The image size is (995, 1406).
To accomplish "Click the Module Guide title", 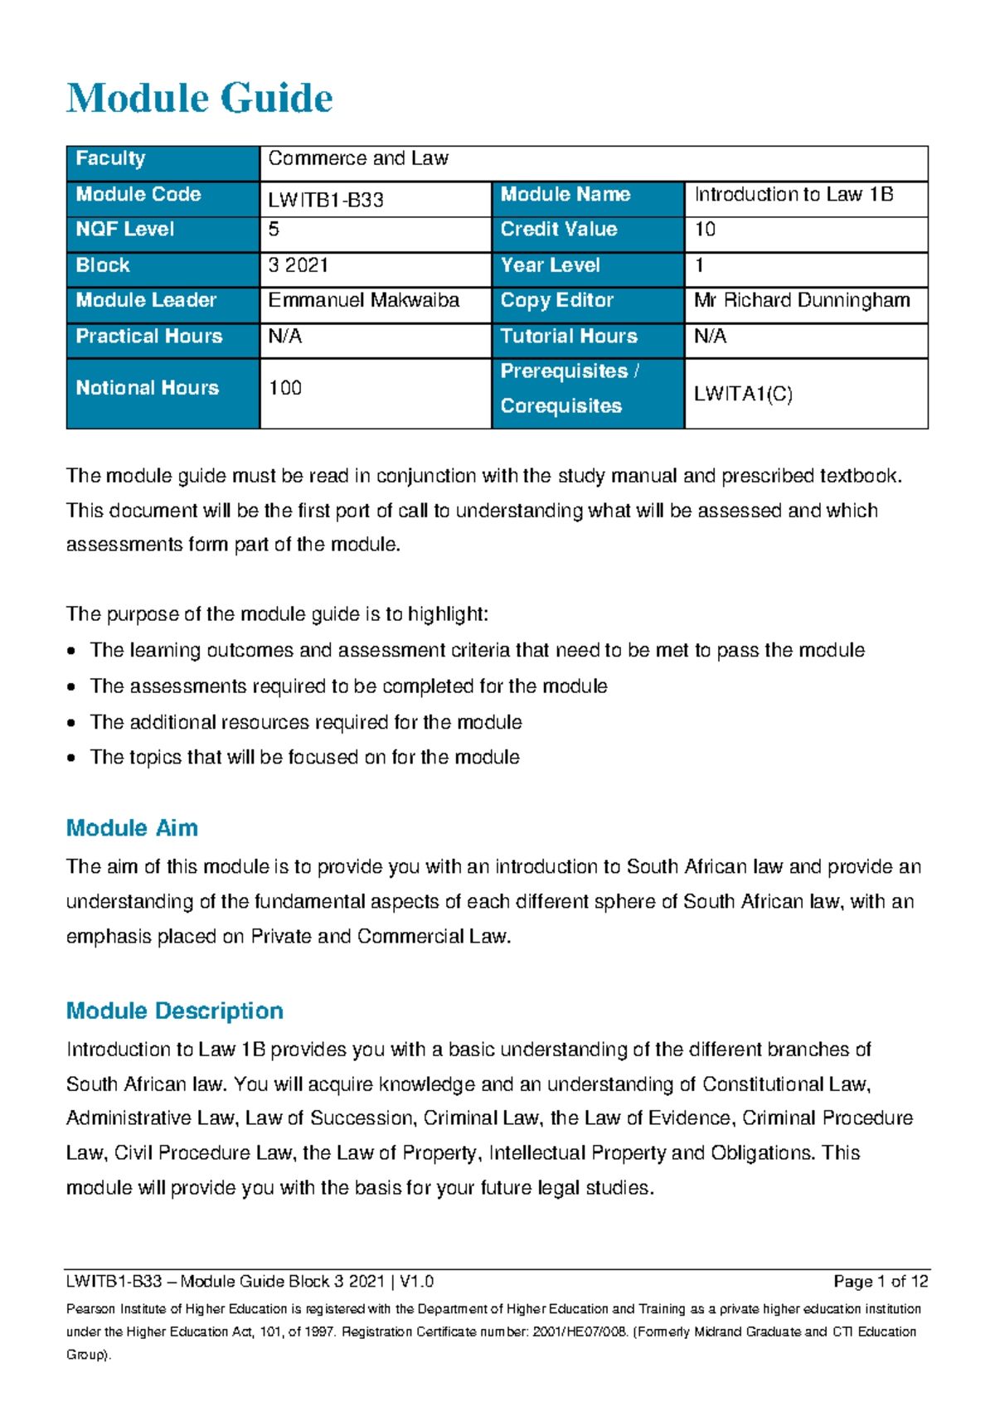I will click(199, 99).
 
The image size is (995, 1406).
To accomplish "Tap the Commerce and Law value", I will click(358, 158).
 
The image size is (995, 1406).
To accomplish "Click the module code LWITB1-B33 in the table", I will click(326, 200).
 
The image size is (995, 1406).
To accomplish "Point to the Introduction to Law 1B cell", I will click(794, 195).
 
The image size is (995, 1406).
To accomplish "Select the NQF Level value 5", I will click(274, 230).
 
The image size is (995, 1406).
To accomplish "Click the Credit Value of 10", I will click(705, 230).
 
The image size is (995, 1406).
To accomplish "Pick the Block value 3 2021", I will click(298, 265).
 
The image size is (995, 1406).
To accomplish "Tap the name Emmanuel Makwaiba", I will click(363, 300).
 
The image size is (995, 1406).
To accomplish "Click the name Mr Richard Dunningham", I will click(802, 300).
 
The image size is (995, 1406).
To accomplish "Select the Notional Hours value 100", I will click(285, 388).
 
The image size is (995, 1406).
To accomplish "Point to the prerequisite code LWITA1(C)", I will click(743, 395).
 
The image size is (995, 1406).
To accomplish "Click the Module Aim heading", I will click(132, 828).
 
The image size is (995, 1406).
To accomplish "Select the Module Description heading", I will click(174, 1011).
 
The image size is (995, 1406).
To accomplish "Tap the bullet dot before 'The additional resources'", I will click(72, 723).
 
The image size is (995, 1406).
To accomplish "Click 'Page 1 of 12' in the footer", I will click(881, 1282).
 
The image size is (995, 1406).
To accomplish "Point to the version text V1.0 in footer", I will click(416, 1282).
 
